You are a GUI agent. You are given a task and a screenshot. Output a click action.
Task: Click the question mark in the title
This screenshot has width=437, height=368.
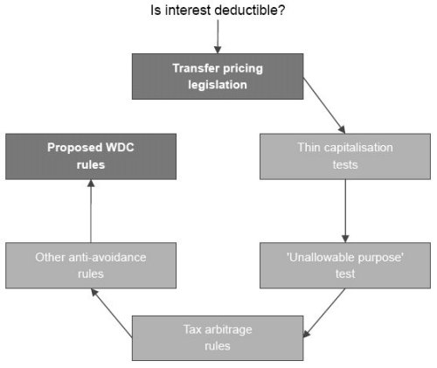(x=281, y=10)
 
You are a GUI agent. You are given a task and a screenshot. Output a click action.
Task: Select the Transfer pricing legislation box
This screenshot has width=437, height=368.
(x=218, y=76)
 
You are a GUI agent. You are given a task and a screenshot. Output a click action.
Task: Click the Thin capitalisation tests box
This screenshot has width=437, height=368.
(x=345, y=156)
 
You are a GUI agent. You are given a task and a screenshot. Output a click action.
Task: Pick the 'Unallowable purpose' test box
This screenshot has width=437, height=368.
(x=345, y=266)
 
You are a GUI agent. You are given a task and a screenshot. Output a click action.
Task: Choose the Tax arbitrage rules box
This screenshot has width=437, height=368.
(x=218, y=338)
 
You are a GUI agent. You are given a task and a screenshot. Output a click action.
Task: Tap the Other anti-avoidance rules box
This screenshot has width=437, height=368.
(x=91, y=266)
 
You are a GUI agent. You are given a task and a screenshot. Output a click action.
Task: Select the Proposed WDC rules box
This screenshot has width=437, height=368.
(x=91, y=156)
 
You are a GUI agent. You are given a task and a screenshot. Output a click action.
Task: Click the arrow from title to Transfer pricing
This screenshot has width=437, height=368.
(x=218, y=37)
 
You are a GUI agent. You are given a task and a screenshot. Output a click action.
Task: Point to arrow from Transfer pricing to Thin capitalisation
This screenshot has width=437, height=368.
(x=324, y=106)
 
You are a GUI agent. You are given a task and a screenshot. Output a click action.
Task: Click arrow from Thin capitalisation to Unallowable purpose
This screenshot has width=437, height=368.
(x=345, y=211)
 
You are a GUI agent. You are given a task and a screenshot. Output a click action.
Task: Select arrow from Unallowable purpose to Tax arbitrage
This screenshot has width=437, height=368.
(x=324, y=313)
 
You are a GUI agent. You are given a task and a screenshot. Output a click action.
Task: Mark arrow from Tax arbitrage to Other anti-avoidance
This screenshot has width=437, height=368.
(x=112, y=313)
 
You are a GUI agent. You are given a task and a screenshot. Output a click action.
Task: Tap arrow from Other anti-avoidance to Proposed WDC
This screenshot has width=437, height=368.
(x=91, y=211)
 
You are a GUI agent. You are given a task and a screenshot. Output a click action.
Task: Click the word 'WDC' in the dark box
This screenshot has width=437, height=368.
(x=120, y=148)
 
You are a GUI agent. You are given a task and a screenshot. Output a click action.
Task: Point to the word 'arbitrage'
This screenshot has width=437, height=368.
(x=228, y=330)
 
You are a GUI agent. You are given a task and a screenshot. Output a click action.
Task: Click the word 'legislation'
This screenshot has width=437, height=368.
(x=218, y=85)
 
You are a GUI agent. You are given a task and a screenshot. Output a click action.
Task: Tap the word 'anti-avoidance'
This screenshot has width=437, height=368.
(x=108, y=257)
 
